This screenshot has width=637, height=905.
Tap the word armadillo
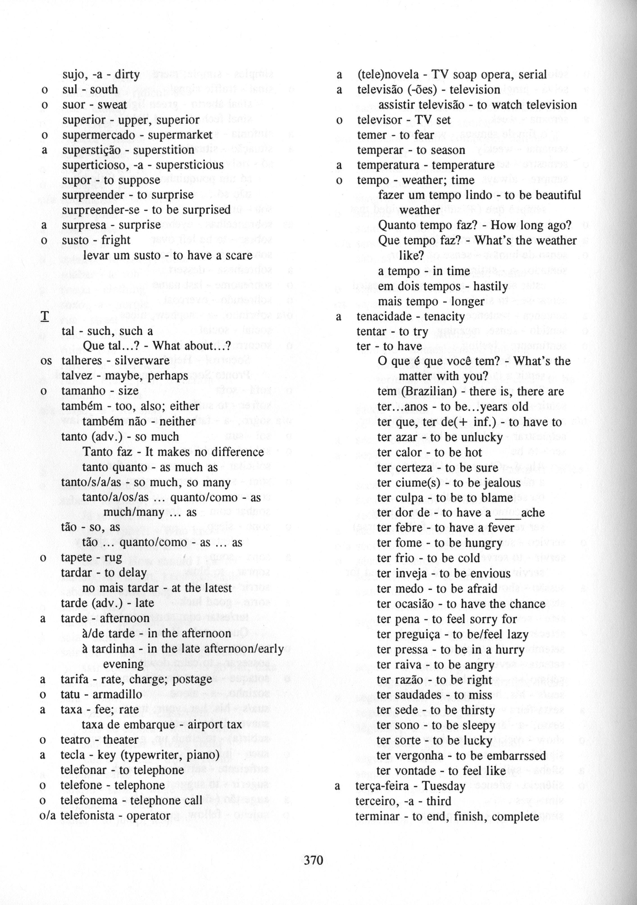coord(117,694)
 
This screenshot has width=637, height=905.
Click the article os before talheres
coord(46,361)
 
